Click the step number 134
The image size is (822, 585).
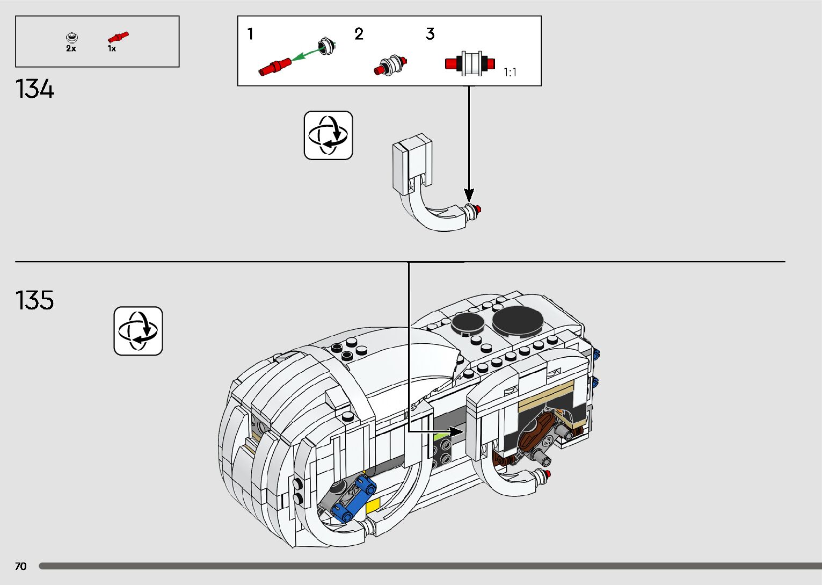[35, 89]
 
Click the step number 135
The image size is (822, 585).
[35, 300]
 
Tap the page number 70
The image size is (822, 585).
[20, 566]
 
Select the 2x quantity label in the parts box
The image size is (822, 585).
[71, 48]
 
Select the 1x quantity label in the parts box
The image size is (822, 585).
[112, 48]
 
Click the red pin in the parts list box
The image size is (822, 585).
[118, 37]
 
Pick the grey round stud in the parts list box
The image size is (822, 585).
[71, 37]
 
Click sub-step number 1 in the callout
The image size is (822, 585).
[250, 34]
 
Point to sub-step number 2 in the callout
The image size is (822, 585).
[359, 34]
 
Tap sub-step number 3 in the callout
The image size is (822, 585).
[430, 34]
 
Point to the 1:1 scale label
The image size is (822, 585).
[510, 73]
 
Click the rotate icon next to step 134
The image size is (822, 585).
[328, 135]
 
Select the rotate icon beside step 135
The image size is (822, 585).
[138, 331]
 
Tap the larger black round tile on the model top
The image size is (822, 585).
[518, 321]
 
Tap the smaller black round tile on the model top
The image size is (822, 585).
[468, 323]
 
